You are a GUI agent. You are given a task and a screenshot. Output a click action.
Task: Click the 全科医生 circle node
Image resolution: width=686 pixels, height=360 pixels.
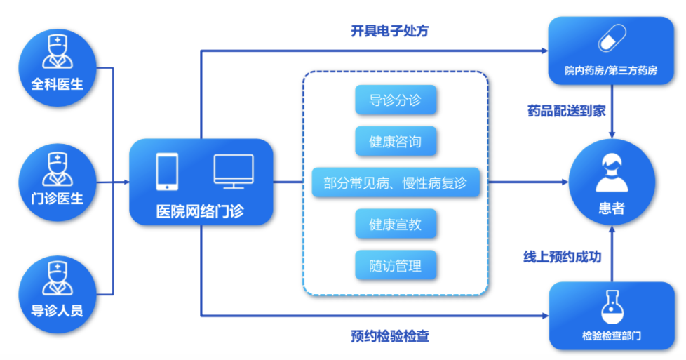57,67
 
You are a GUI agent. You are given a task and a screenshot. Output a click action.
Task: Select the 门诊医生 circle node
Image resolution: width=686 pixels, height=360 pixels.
57,182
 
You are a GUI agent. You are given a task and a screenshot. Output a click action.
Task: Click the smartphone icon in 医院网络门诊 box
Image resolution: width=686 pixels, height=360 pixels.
167,171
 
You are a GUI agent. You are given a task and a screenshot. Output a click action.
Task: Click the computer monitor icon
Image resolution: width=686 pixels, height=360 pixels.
234,171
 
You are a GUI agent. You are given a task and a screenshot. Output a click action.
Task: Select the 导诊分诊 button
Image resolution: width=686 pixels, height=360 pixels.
396,100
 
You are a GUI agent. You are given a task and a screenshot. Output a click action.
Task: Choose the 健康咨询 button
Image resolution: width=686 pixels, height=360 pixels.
396,142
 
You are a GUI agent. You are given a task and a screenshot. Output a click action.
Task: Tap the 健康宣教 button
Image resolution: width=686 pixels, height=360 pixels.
396,225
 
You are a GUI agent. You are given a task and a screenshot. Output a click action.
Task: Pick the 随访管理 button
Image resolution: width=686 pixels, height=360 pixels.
396,266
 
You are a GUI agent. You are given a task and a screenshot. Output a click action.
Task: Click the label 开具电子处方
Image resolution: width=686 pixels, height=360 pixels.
389,31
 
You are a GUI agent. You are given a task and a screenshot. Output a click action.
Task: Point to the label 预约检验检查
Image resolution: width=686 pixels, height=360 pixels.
389,336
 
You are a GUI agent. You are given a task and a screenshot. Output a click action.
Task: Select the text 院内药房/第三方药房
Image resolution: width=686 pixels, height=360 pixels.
611,71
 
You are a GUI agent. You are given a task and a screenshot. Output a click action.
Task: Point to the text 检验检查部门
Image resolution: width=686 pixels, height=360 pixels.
611,336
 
